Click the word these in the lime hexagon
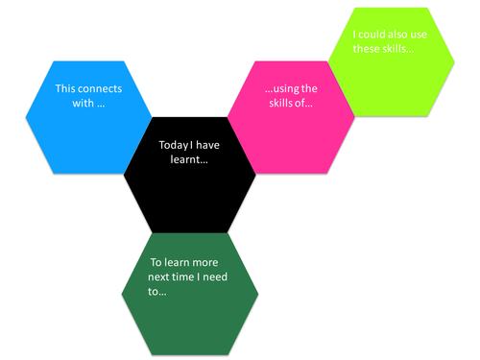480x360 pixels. [x=368, y=49]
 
